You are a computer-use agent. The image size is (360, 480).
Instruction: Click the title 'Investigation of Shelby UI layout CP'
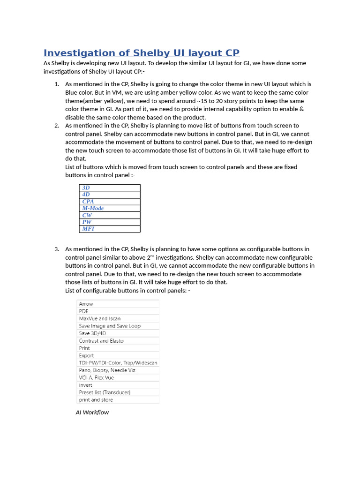141,53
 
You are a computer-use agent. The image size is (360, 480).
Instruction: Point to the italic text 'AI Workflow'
92,412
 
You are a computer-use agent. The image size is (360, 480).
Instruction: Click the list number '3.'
57,249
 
